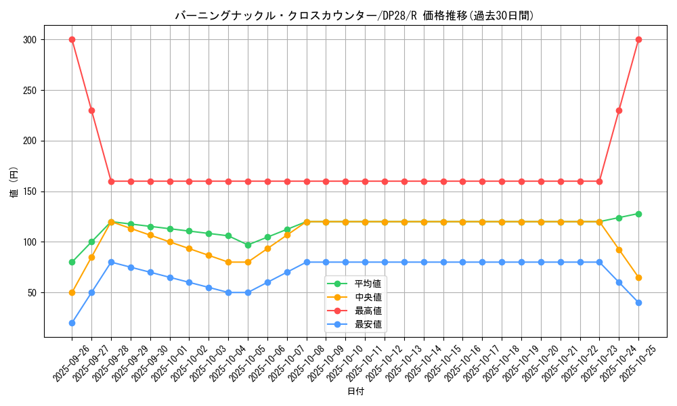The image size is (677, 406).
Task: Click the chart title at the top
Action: (x=355, y=16)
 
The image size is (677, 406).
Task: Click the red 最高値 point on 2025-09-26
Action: (x=72, y=39)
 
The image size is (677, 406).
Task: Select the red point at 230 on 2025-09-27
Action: (x=91, y=110)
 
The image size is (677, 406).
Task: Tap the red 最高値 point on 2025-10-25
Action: (x=638, y=39)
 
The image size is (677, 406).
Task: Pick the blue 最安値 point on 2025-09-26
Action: (x=72, y=323)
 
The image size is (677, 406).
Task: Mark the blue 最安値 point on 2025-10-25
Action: (x=638, y=302)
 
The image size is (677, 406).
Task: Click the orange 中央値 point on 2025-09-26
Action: (x=72, y=292)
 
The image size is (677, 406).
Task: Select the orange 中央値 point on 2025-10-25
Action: (x=638, y=277)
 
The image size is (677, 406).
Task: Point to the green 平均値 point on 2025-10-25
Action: (x=638, y=214)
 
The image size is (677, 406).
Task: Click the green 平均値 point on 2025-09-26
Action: (x=72, y=262)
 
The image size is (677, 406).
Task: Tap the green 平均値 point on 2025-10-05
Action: (x=248, y=245)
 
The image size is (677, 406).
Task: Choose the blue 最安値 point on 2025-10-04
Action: (x=228, y=292)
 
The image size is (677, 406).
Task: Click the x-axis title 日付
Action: (x=355, y=392)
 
